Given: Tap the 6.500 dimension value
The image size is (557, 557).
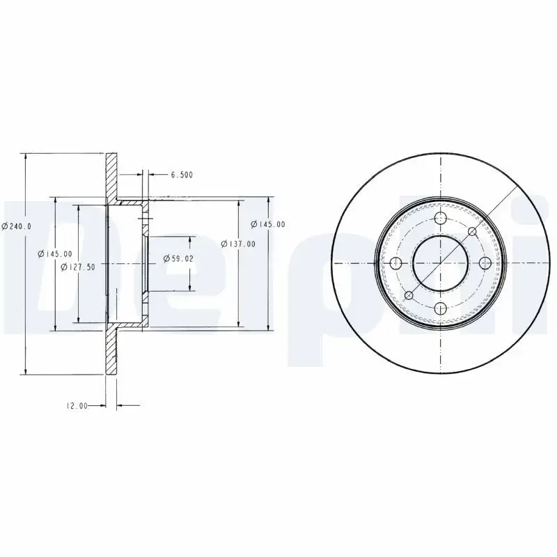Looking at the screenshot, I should pos(182,175).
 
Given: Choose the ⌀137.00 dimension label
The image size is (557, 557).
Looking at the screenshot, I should pos(238,244).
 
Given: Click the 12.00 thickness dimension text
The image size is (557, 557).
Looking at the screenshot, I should pos(77,406).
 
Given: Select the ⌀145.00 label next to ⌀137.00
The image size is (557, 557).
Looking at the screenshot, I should pos(268,223).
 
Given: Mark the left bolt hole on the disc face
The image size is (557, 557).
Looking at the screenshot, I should pos(396,263).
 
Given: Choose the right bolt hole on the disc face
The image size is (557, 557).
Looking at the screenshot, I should pos(485,263).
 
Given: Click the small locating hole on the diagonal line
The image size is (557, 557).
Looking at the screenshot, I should pos(472,231).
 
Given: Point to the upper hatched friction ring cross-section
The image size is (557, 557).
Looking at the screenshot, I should pos(111,174).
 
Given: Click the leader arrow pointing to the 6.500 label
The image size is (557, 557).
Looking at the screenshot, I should pos(152,175).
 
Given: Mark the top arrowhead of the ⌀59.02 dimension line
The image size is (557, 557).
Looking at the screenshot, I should pos(191,240).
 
